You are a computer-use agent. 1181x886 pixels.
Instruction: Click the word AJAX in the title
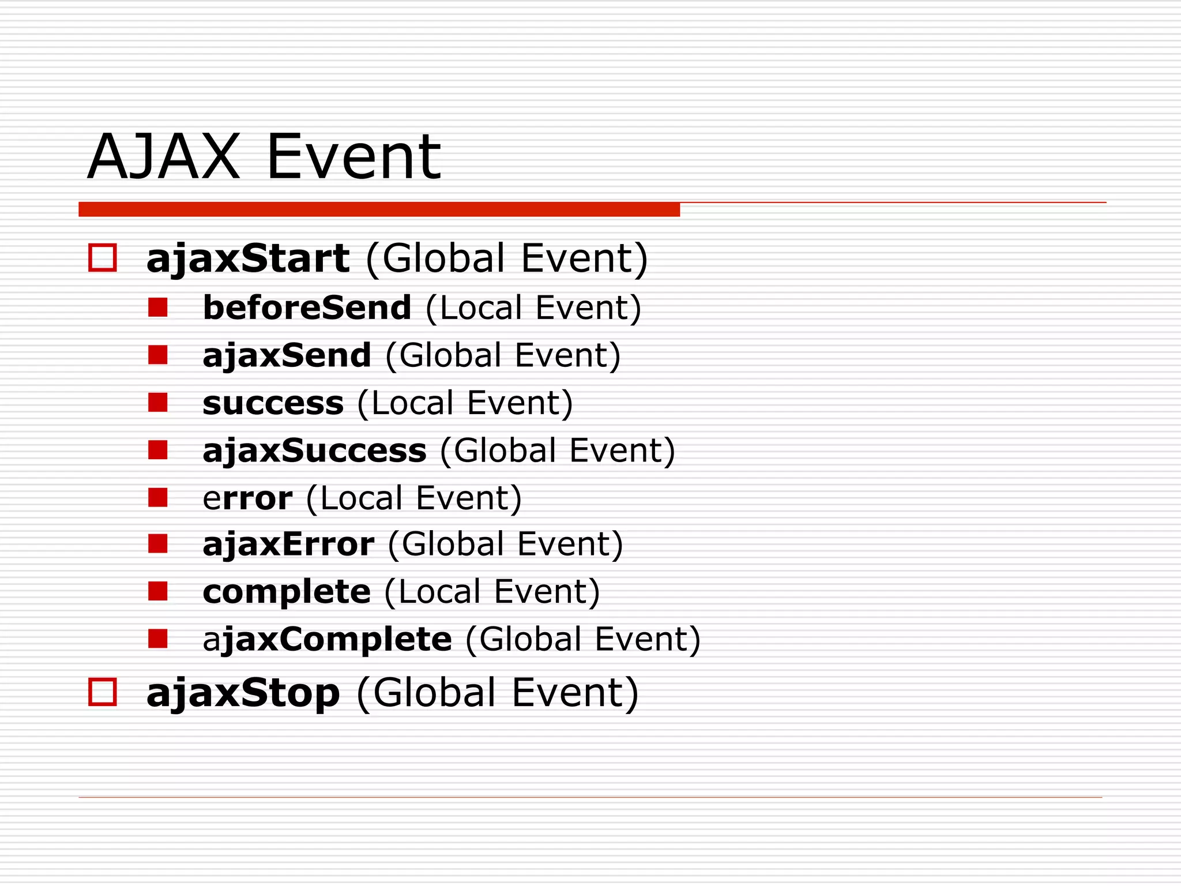(163, 157)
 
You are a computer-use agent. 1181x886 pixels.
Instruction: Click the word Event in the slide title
(353, 157)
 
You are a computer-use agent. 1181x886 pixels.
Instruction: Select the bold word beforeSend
(307, 307)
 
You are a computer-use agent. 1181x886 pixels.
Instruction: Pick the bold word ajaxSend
(287, 355)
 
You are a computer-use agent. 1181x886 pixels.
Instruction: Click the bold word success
(273, 403)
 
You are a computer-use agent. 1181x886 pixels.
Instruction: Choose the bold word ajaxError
(288, 545)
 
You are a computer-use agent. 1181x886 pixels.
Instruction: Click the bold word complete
(287, 592)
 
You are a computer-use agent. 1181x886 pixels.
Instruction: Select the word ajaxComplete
(327, 640)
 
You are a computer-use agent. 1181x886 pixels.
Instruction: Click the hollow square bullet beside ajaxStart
(103, 258)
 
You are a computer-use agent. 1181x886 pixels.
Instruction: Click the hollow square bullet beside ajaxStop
(103, 692)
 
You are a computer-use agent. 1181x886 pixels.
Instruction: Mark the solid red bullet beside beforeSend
(157, 307)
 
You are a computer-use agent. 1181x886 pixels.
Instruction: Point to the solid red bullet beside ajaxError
(157, 543)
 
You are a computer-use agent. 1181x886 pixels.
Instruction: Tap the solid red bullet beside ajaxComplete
(157, 639)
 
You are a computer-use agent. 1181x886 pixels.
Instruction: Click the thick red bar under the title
(379, 209)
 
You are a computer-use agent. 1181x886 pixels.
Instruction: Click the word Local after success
(412, 403)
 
